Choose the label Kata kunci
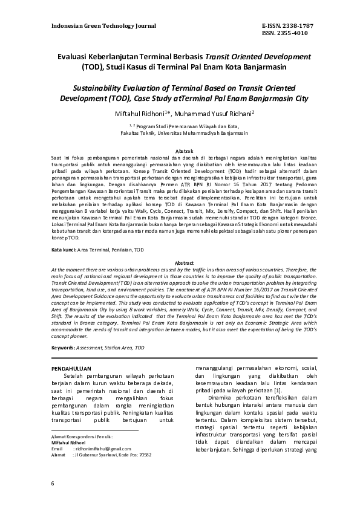64,249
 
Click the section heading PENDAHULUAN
71,367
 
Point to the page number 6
53,483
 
